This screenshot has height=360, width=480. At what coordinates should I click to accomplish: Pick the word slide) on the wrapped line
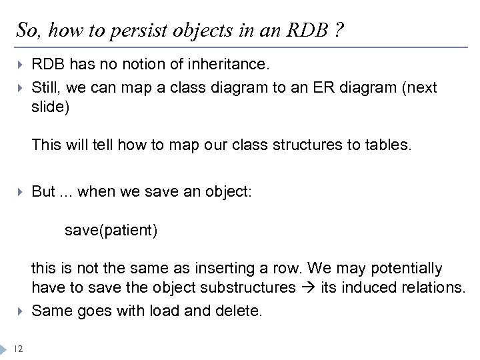click(50, 107)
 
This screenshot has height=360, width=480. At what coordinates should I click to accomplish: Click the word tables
click(388, 144)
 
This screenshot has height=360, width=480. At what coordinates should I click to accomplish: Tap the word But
click(43, 192)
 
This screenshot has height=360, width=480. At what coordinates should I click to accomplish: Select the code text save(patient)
click(111, 231)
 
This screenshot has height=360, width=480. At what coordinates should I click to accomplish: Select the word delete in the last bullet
click(241, 311)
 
